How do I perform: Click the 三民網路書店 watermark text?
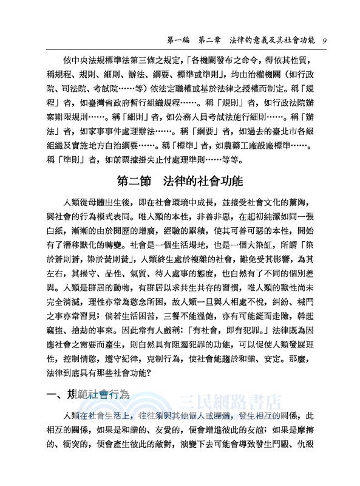coord(234,402)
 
